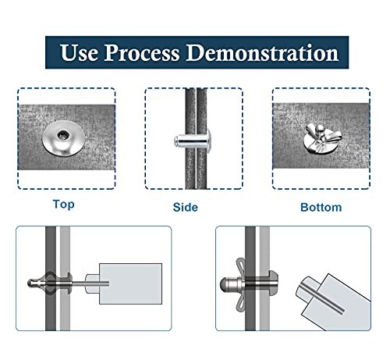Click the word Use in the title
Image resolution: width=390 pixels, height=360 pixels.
pyautogui.click(x=79, y=52)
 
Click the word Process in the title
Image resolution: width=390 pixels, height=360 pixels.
pyautogui.click(x=142, y=53)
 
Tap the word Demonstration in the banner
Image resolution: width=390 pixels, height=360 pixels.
pyautogui.click(x=262, y=52)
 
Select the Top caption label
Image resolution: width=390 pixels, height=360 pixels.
pyautogui.click(x=64, y=205)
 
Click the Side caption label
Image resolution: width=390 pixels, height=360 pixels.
pyautogui.click(x=186, y=207)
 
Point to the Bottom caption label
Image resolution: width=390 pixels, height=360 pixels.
pyautogui.click(x=321, y=207)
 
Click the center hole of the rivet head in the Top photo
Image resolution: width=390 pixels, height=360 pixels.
pyautogui.click(x=63, y=134)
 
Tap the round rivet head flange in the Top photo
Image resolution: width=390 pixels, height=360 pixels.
pyautogui.click(x=63, y=142)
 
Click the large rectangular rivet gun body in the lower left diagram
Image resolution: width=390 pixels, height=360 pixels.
pyautogui.click(x=130, y=283)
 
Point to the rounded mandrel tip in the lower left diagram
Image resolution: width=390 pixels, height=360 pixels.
pyautogui.click(x=31, y=283)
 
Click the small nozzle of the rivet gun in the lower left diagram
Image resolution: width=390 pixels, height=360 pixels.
pyautogui.click(x=92, y=283)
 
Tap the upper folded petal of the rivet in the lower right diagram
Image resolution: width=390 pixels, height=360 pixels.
pyautogui.click(x=241, y=268)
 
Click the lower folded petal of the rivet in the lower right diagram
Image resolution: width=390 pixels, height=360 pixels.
pyautogui.click(x=241, y=300)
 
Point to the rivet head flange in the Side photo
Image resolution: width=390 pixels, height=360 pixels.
pyautogui.click(x=208, y=141)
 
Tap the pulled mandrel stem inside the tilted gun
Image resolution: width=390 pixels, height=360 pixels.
pyautogui.click(x=321, y=298)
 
